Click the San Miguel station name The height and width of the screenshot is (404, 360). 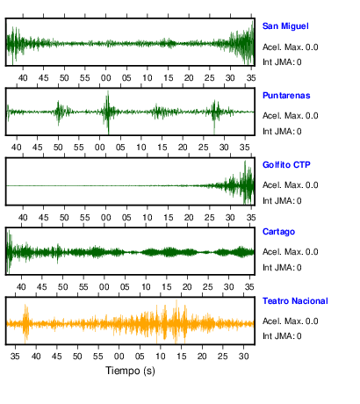coord(285,26)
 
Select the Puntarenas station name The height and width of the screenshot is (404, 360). coord(286,96)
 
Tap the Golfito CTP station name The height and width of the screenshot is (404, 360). coord(286,165)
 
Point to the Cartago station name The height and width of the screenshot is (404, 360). coord(278,232)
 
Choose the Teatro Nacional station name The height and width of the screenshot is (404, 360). coord(295,301)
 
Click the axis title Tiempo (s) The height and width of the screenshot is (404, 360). coord(130,371)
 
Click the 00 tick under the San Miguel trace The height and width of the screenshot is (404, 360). coord(105,78)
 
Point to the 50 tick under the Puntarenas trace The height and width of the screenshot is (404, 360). coord(58,148)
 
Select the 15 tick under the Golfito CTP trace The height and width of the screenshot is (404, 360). coord(168,218)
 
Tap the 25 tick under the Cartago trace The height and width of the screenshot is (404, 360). coord(208,287)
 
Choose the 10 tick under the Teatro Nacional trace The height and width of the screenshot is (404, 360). coord(161,357)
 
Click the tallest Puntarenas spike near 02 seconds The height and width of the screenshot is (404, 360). coord(108,112)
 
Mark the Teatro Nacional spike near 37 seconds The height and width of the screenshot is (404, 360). coord(25,323)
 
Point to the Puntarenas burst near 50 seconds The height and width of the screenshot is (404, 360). coord(59,112)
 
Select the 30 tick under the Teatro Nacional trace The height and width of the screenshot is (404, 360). coord(243,357)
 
